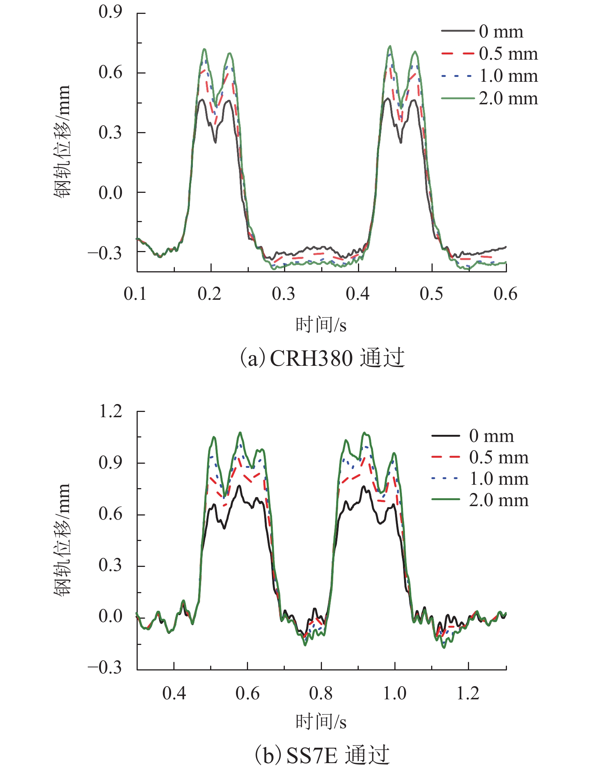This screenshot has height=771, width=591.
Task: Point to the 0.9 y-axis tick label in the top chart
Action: point(110,12)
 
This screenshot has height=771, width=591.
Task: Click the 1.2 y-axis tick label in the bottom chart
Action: point(110,411)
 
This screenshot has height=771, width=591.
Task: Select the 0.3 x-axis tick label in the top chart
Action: point(284,294)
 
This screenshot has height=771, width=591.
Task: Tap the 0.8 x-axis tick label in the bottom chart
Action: point(321,693)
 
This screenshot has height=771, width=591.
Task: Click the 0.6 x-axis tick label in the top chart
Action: point(505,294)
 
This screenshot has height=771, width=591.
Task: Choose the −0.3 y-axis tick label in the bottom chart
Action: point(105,668)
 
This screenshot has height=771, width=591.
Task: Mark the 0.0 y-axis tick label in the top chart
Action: point(110,192)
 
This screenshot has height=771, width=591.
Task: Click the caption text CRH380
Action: point(311,358)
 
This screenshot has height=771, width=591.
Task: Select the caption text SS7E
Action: point(311,756)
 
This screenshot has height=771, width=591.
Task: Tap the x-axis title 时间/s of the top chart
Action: point(321,325)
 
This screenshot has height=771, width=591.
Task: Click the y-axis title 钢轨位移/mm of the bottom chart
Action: point(62,540)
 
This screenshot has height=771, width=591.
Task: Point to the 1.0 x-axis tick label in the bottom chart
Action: point(394,693)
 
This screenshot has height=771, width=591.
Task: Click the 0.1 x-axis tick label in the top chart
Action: point(135,294)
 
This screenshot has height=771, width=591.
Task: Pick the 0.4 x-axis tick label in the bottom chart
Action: point(174,693)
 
